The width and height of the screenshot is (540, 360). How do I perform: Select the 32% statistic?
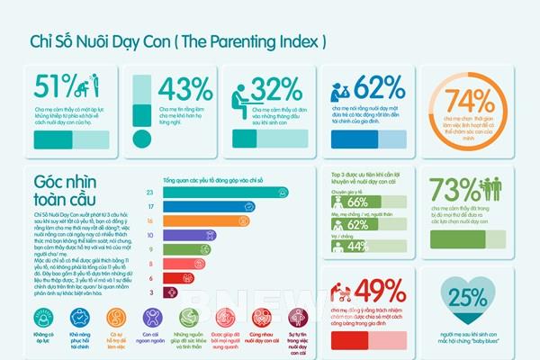coord(275,90)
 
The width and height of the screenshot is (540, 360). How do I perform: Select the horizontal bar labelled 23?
coord(225,192)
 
